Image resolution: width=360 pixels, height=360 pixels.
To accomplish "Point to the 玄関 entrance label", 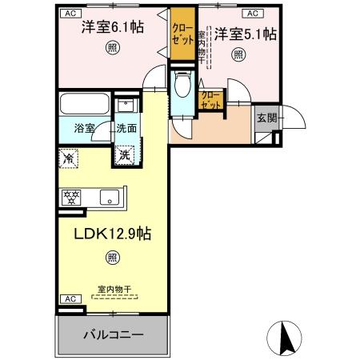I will pos(266,118).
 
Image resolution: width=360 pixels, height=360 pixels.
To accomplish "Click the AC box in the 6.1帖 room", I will pos(70,14).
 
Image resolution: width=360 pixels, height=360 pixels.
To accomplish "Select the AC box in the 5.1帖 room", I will pos(251,14).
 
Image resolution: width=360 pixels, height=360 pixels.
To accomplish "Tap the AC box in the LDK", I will pos(70,299).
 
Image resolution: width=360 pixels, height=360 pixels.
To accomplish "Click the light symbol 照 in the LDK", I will pos(112,258).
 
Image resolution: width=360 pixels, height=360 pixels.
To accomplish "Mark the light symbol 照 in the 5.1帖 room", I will pos(238,54).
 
